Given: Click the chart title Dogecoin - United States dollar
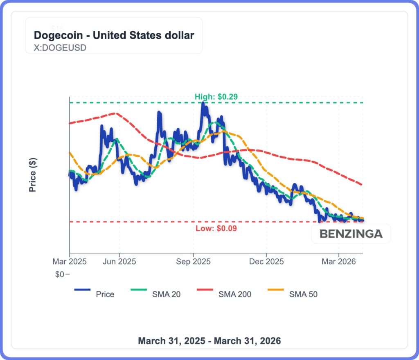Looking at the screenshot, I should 114,35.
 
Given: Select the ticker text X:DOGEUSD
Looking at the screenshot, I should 60,48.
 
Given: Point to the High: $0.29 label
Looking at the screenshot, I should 216,97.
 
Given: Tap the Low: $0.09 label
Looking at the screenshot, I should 216,229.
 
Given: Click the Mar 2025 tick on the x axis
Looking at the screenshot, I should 70,261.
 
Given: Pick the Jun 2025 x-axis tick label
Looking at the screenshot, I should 119,261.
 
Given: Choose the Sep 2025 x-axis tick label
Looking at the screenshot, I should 193,261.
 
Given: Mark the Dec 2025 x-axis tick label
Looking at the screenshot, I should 266,261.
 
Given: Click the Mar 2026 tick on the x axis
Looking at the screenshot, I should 339,261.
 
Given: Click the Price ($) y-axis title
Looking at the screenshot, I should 33,175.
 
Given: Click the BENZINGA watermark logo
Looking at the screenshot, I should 351,234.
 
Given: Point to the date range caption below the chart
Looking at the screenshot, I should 209,341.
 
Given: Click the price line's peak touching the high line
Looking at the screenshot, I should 203,103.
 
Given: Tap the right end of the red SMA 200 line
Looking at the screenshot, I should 362,185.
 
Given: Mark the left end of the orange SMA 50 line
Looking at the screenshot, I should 70,153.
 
